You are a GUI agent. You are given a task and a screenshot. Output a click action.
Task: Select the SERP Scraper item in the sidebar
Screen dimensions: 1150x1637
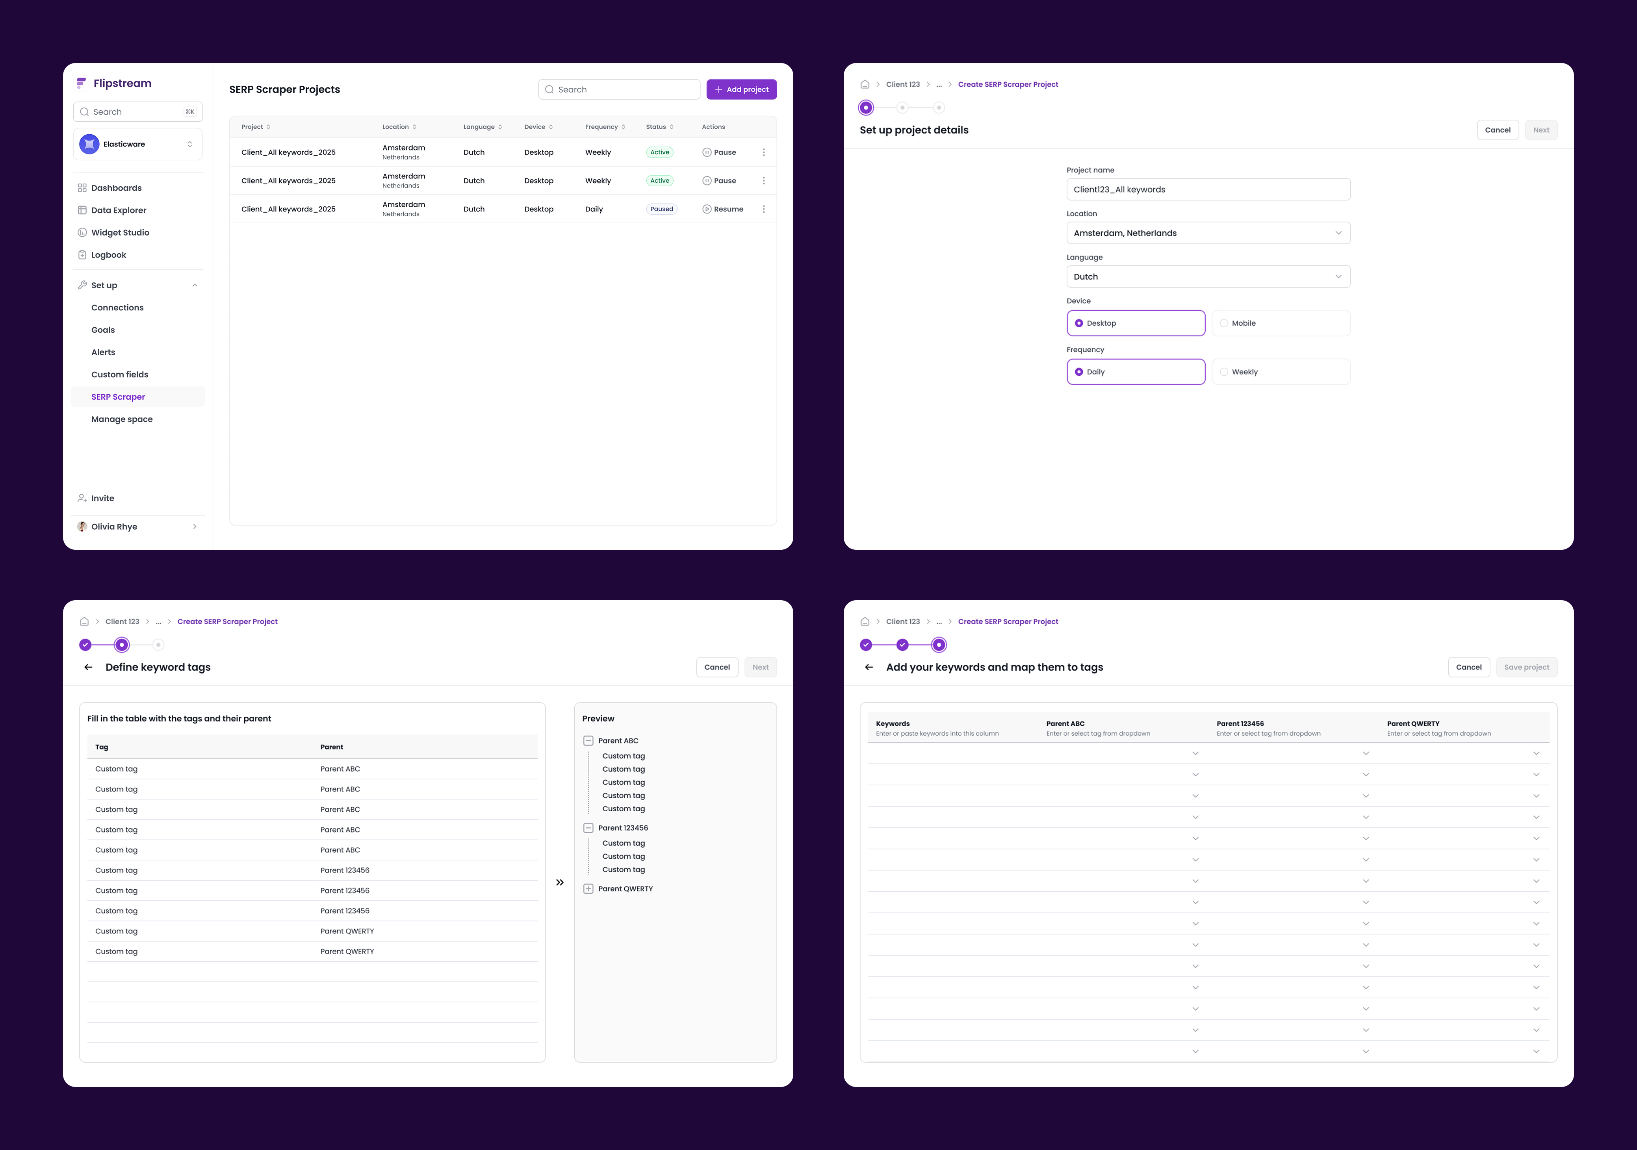click(118, 397)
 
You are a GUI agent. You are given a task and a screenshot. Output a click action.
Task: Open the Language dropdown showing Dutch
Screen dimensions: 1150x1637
click(1208, 276)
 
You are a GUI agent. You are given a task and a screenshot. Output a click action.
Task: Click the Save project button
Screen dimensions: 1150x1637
click(1526, 667)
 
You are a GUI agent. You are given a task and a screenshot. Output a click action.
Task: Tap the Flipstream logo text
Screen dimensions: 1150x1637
click(122, 83)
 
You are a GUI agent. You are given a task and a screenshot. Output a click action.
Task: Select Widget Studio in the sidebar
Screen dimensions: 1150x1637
click(120, 232)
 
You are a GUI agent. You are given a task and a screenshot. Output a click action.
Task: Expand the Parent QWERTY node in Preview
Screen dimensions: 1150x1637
click(588, 889)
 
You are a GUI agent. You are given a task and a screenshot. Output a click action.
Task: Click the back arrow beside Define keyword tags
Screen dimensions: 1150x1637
click(88, 667)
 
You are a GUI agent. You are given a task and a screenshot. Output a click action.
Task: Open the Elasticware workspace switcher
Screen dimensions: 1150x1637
click(137, 144)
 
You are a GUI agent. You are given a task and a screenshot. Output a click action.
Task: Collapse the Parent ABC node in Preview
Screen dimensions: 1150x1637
click(588, 741)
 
